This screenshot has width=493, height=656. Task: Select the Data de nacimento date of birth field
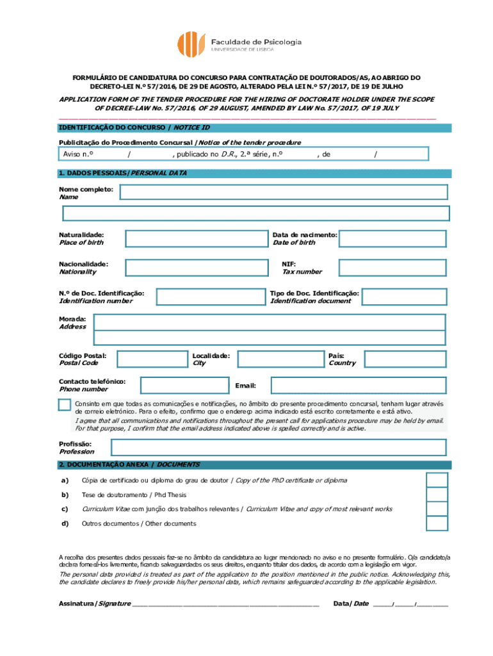click(392, 238)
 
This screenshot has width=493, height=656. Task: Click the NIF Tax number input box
click(392, 268)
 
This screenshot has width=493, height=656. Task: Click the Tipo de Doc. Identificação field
click(403, 297)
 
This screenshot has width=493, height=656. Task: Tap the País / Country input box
click(402, 359)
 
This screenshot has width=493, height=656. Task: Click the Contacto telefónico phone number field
click(183, 385)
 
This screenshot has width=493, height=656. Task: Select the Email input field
click(358, 385)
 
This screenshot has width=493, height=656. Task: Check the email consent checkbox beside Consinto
click(65, 404)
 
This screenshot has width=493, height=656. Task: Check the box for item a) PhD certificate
click(437, 480)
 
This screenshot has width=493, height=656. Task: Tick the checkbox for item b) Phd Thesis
click(437, 495)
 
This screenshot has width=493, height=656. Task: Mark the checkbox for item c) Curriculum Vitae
click(437, 509)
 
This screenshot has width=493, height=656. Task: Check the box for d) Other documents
click(437, 523)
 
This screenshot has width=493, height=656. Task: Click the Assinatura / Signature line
click(225, 603)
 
